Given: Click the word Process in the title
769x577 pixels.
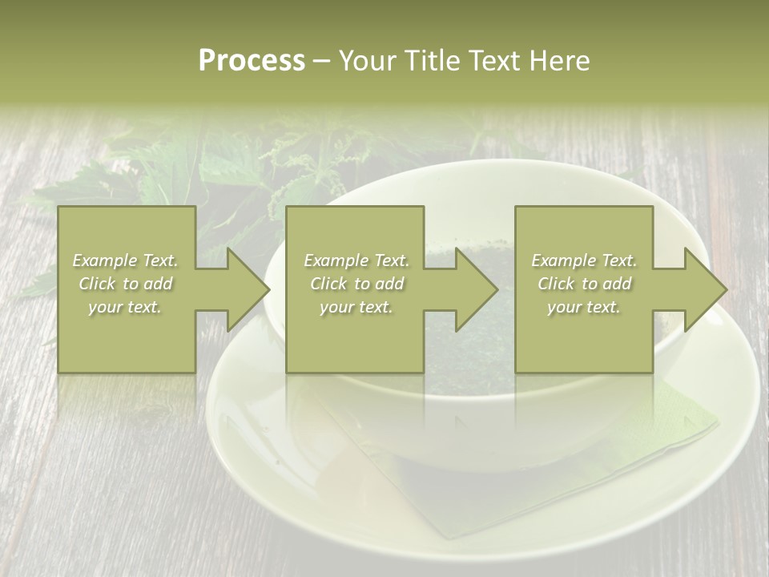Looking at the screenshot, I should click(x=252, y=61).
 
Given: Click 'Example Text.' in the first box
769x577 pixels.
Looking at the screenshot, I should click(x=126, y=260).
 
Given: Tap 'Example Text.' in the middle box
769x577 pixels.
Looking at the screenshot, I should click(x=356, y=260).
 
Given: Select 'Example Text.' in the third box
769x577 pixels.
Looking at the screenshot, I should click(x=584, y=260).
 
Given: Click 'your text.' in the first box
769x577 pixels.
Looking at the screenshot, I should click(x=126, y=307).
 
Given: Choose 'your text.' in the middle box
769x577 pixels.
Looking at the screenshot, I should click(x=356, y=307).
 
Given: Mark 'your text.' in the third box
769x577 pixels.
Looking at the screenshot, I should click(x=584, y=307).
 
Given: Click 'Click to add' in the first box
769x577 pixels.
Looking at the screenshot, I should click(x=126, y=284).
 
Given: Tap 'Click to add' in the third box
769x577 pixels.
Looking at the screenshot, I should click(x=584, y=284).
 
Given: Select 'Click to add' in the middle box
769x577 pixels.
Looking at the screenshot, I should click(x=356, y=284).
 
